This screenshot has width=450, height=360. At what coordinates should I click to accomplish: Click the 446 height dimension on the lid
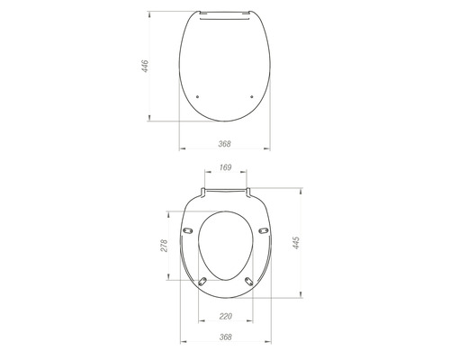(x=145, y=66)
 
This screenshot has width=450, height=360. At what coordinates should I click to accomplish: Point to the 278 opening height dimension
(x=165, y=245)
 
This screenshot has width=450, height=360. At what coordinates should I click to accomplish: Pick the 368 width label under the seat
(x=225, y=338)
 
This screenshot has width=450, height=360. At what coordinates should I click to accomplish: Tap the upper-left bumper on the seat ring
(x=188, y=230)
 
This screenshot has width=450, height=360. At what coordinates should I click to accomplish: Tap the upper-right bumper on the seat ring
(x=263, y=230)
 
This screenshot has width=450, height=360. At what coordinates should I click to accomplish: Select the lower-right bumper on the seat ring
(x=249, y=283)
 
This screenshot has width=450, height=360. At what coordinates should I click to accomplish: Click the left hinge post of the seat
(x=205, y=191)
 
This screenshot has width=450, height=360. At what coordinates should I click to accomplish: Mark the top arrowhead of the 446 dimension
(x=151, y=13)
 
